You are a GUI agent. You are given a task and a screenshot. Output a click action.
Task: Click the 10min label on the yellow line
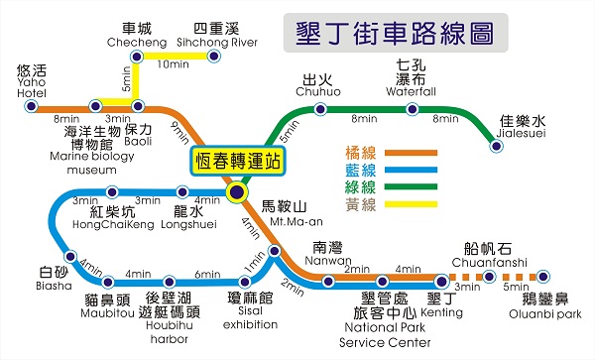[174, 65]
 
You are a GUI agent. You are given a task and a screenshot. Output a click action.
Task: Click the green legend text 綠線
[358, 187]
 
